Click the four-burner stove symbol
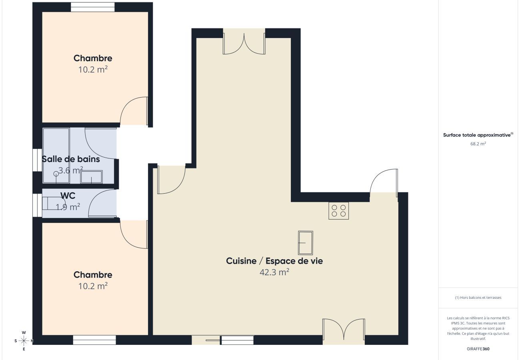pyautogui.click(x=338, y=210)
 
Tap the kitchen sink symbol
pyautogui.click(x=305, y=243)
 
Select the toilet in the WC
pyautogui.click(x=50, y=203)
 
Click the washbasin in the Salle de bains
pyautogui.click(x=91, y=176)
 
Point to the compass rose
pyautogui.click(x=24, y=341)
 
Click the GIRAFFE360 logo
pyautogui.click(x=478, y=349)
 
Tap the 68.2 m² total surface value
pyautogui.click(x=478, y=144)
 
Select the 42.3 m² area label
pyautogui.click(x=274, y=272)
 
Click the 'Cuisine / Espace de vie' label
pyautogui.click(x=274, y=261)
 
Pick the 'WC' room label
pyautogui.click(x=68, y=196)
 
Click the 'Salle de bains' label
pyautogui.click(x=71, y=159)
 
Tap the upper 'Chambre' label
pyautogui.click(x=93, y=58)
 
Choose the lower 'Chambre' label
pyautogui.click(x=93, y=275)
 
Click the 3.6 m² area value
pyautogui.click(x=71, y=170)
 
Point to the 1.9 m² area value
pyautogui.click(x=68, y=207)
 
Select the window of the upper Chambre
pyautogui.click(x=93, y=7)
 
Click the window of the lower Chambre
pyautogui.click(x=94, y=340)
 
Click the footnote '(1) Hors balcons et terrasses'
pyautogui.click(x=478, y=298)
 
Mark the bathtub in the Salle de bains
pyautogui.click(x=56, y=155)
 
